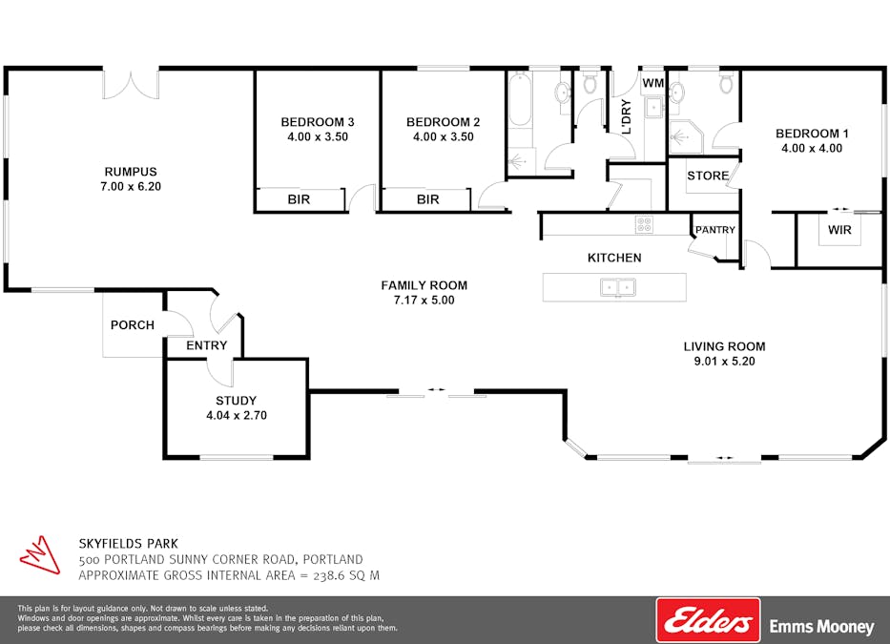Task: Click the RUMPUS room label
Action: pos(132,172)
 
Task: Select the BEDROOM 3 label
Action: pos(317,122)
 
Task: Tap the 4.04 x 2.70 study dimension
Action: pos(238,415)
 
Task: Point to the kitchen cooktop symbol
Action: pos(645,226)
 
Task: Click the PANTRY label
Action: pos(714,230)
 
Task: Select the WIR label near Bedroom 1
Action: pos(839,231)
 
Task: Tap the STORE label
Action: pos(708,176)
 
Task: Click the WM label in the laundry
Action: pos(652,84)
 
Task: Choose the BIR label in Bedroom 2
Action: pos(427,199)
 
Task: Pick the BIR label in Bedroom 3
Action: pos(300,199)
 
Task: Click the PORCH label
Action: pos(133,325)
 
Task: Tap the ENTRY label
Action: pos(206,345)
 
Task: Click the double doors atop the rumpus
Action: pos(131,83)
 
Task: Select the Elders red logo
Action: pos(708,620)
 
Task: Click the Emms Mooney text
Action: pos(821,627)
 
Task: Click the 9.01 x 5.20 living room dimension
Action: pos(724,362)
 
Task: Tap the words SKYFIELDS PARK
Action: pos(128,543)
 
